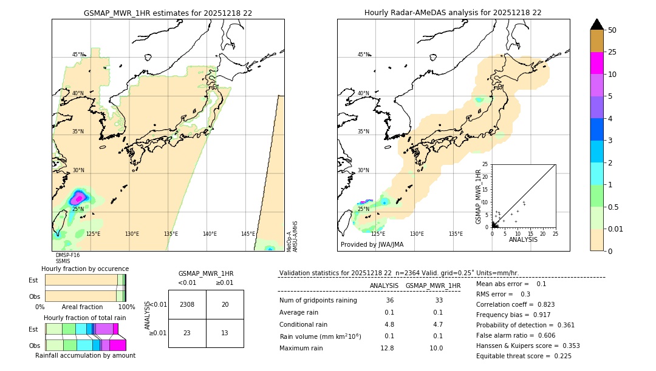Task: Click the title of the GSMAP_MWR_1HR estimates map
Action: (168, 13)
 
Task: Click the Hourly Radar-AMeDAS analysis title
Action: (453, 13)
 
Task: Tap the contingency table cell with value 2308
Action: (187, 304)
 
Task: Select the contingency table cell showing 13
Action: (225, 333)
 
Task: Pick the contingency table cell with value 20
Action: (225, 304)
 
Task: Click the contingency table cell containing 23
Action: (187, 333)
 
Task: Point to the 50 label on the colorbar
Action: (612, 30)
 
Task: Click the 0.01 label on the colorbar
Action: (616, 229)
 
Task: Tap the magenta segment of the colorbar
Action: (597, 63)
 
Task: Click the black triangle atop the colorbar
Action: (597, 24)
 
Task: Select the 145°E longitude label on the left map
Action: (248, 234)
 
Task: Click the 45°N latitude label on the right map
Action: (363, 55)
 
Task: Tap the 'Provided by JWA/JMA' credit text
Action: (372, 245)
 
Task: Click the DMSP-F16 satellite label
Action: (67, 255)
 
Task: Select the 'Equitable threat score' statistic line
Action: (524, 356)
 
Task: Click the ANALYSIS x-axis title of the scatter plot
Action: (523, 239)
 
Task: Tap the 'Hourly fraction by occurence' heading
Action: (85, 269)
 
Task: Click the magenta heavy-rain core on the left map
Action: (78, 198)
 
